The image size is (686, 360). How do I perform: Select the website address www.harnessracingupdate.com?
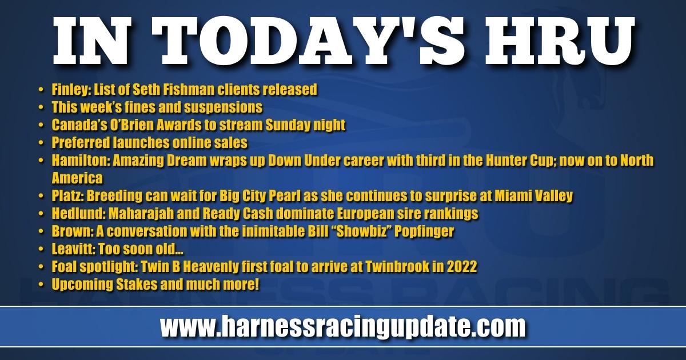342,327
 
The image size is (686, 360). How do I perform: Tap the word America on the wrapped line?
77,178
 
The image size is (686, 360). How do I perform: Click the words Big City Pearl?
260,196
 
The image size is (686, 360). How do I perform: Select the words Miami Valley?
534,196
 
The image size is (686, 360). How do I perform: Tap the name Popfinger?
424,231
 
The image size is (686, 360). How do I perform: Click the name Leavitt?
73,249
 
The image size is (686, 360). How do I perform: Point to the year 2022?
462,267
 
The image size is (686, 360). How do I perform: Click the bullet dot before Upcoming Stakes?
41,285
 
